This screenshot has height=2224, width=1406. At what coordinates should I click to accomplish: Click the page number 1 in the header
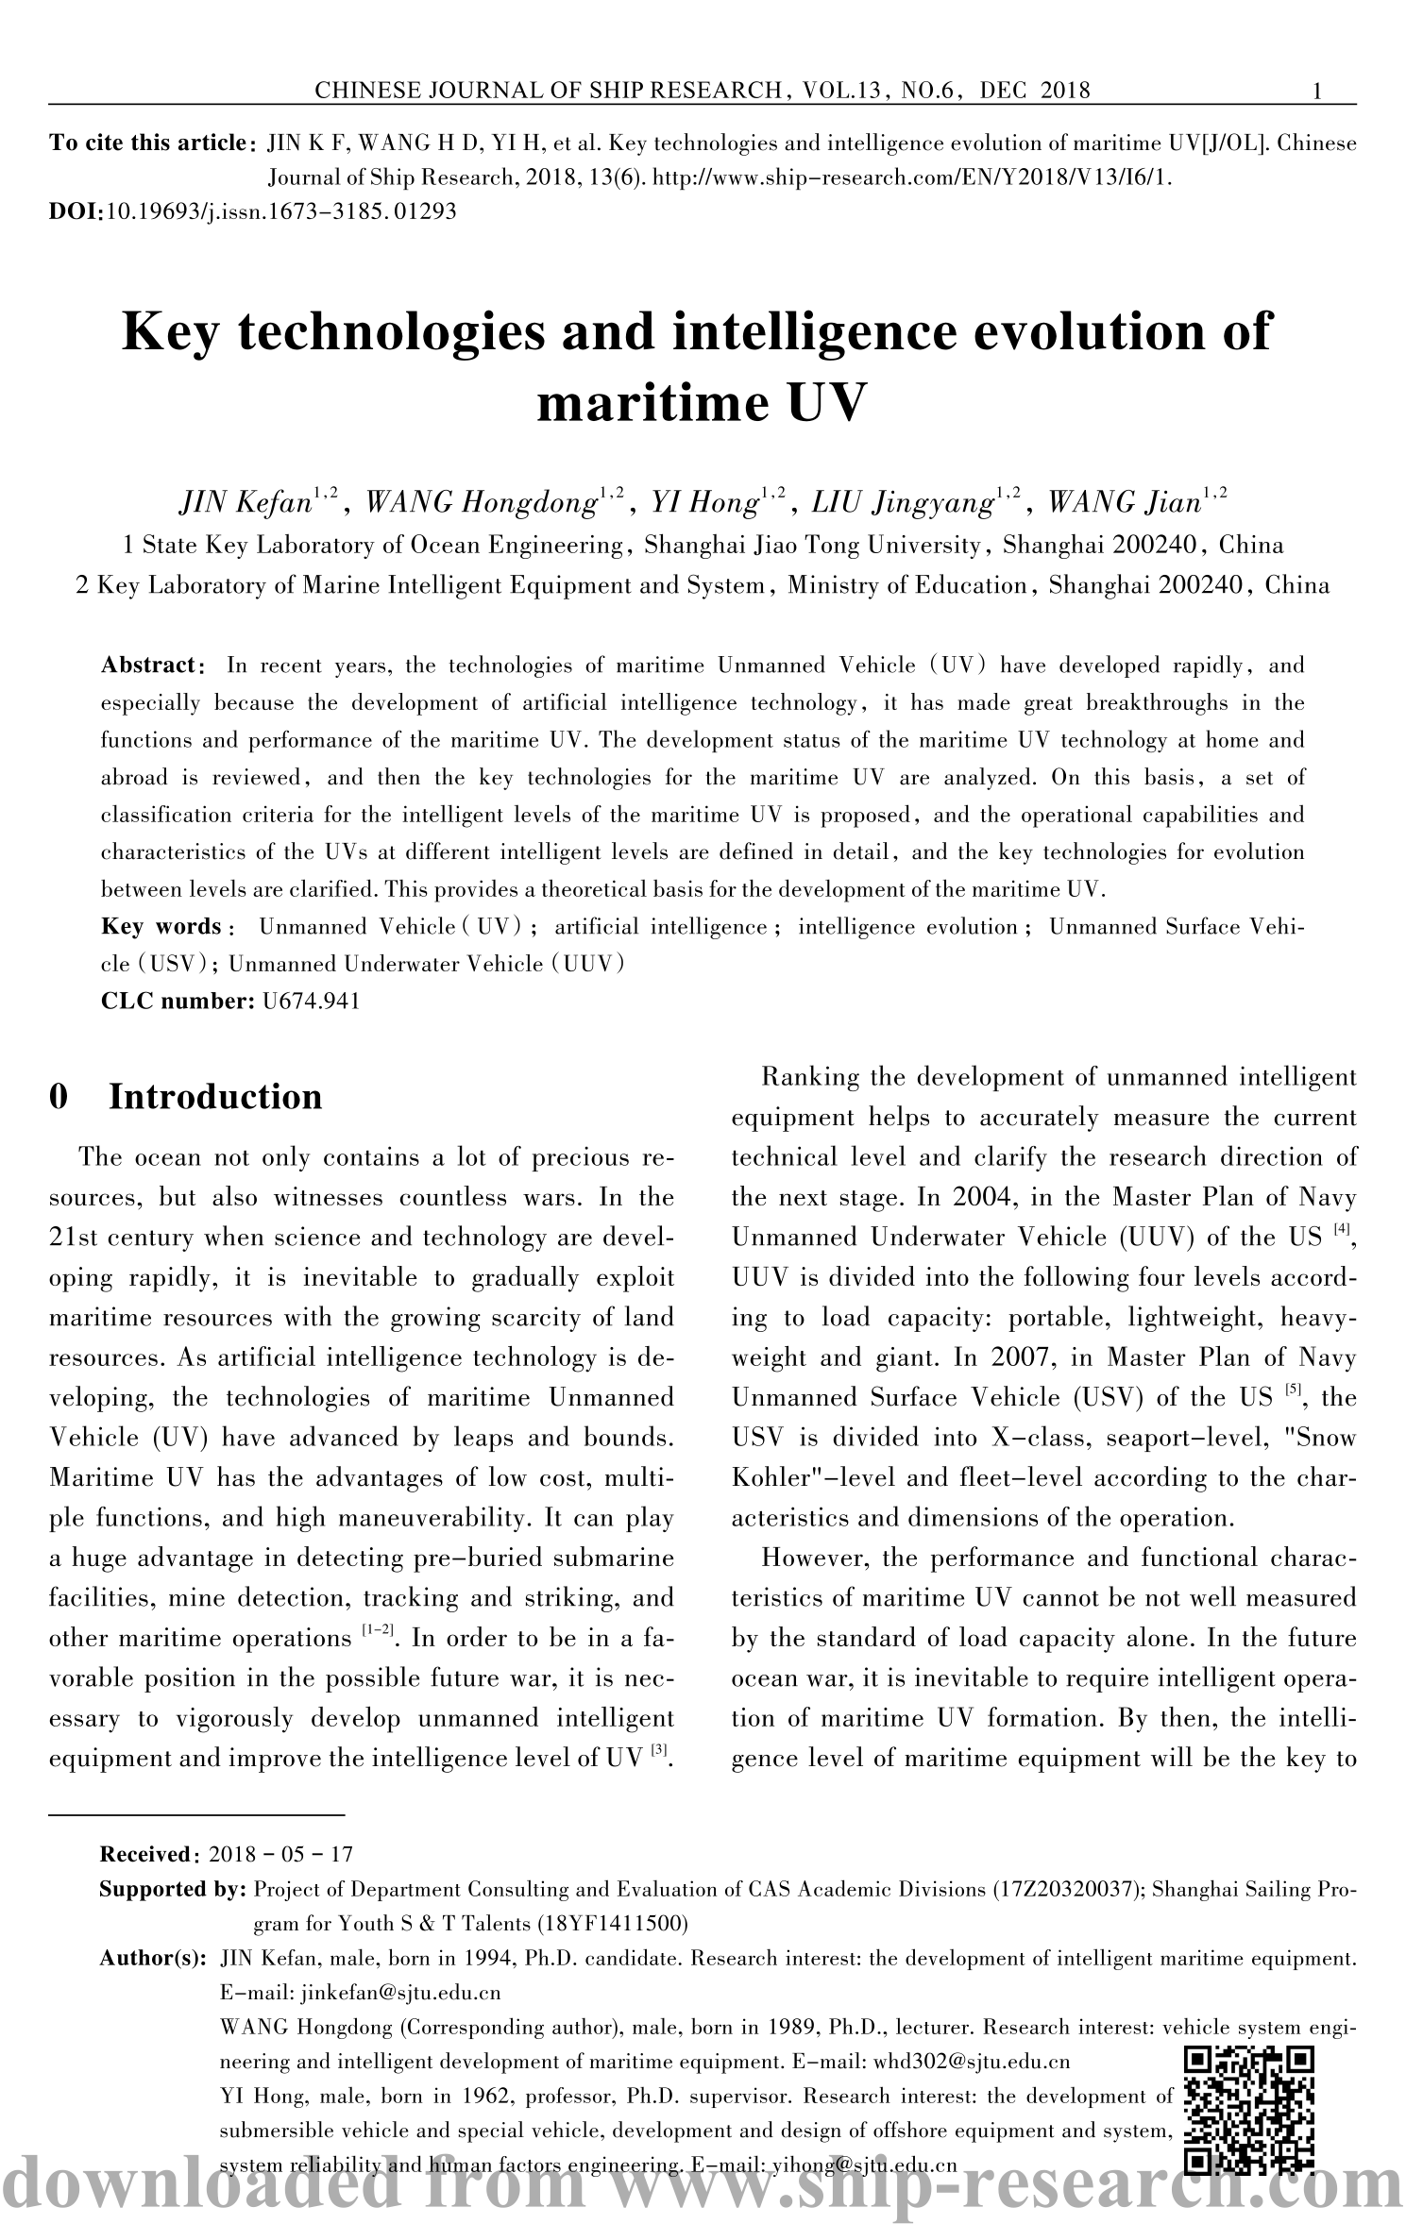(1316, 92)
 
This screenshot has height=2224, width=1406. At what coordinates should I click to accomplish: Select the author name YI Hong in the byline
(703, 501)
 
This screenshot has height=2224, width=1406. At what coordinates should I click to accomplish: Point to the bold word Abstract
(154, 666)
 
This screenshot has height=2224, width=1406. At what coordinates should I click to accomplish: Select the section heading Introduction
(215, 1097)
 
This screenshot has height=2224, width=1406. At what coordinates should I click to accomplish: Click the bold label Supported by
(174, 1889)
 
